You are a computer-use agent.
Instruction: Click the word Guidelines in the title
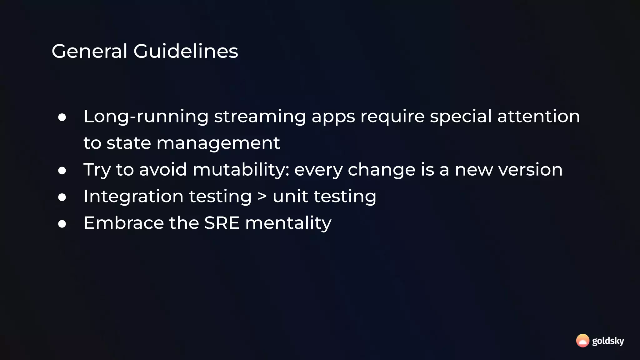click(x=186, y=51)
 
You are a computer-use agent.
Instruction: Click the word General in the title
click(x=89, y=51)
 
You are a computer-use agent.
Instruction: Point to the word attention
click(x=538, y=116)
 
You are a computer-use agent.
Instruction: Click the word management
click(x=218, y=143)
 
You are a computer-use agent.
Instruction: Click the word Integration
click(x=133, y=197)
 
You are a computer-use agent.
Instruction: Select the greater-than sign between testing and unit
click(x=262, y=196)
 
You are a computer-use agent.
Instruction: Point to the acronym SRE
click(x=222, y=223)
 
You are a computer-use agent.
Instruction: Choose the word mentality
click(x=288, y=223)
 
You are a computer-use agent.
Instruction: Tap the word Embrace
click(x=124, y=223)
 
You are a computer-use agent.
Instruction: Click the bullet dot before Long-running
click(x=62, y=117)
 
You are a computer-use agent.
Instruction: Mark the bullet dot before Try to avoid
click(x=62, y=171)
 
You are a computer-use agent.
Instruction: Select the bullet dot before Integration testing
click(x=62, y=197)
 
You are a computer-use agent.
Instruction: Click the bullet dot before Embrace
click(x=62, y=224)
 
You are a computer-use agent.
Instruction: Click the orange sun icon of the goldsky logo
click(x=582, y=341)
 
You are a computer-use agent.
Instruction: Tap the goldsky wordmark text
click(x=608, y=341)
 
